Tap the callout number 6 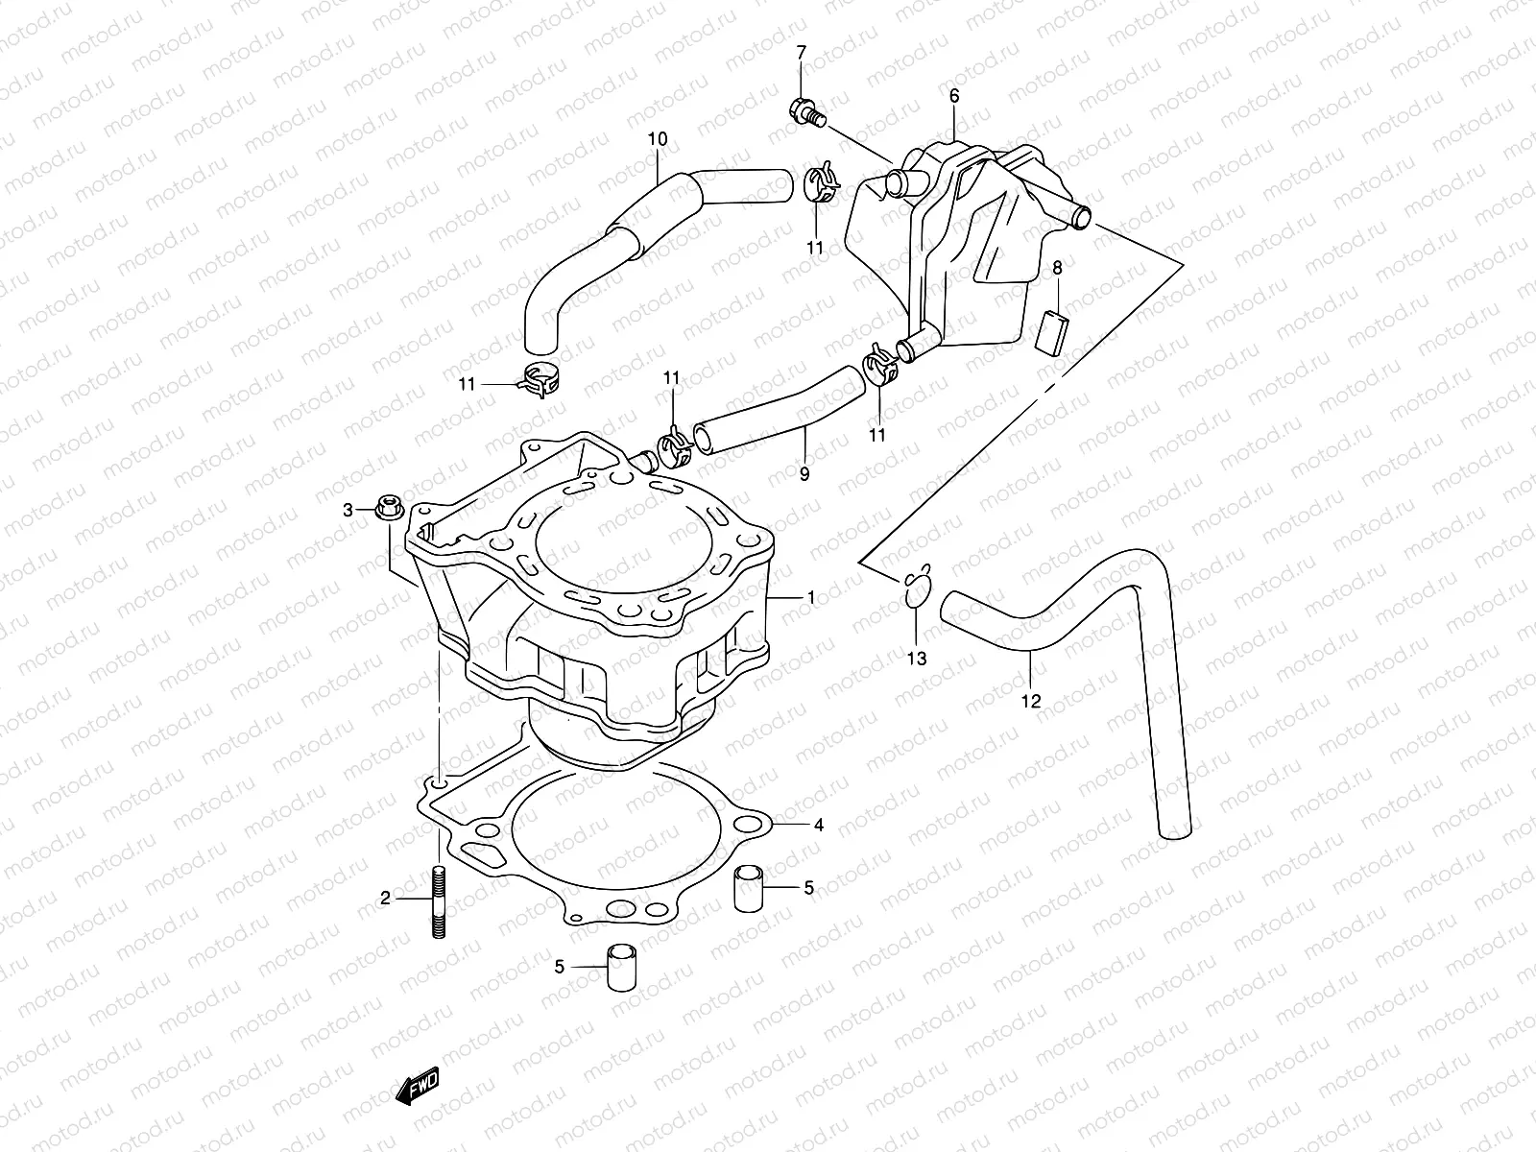pos(954,96)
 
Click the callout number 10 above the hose pos(657,140)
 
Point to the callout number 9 pos(804,474)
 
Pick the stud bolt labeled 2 pos(439,904)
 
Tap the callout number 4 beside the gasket pos(818,825)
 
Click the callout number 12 pos(1030,702)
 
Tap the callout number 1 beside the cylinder pos(810,598)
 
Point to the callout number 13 pos(917,659)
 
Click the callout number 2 pos(385,899)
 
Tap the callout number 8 pos(1057,268)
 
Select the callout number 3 pos(348,511)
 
